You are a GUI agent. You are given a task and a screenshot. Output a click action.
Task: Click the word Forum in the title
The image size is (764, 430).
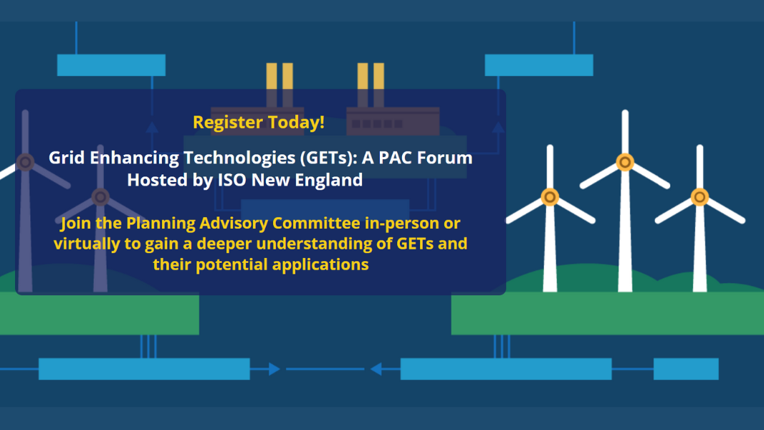(444, 158)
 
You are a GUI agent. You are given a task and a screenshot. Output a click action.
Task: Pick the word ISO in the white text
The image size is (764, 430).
(232, 180)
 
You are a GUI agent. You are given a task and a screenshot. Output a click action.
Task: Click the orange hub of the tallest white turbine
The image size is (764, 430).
(625, 162)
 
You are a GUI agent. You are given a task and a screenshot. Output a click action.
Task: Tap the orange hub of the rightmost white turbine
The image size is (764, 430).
(699, 197)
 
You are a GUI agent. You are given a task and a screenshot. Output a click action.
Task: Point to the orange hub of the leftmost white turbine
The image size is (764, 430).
(550, 197)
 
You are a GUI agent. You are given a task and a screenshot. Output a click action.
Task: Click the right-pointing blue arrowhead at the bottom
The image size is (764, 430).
(274, 369)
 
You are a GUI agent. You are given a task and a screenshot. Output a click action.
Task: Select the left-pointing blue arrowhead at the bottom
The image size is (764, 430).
(376, 369)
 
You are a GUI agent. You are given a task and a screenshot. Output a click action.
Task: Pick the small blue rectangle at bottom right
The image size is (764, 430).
(686, 369)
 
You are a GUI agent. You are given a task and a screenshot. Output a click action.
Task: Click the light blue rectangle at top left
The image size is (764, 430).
(111, 65)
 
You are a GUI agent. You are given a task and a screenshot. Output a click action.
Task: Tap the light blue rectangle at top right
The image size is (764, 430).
(539, 65)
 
